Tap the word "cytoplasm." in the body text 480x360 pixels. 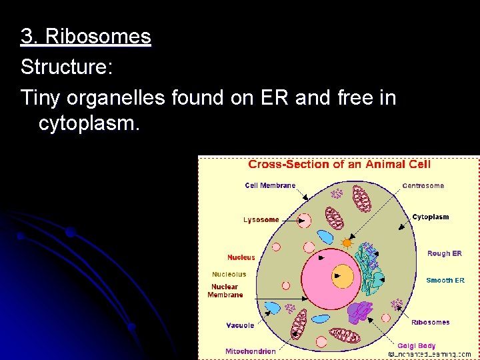89,123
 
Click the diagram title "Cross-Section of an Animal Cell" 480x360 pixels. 339,165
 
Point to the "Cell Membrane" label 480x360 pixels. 270,185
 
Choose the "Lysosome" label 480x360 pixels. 261,219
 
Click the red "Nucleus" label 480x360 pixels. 241,257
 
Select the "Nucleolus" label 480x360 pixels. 229,274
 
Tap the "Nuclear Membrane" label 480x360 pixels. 225,291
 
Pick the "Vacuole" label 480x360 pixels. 239,325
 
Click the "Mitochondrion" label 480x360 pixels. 250,351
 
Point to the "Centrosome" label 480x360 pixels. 423,185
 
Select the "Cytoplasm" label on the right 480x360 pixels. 430,217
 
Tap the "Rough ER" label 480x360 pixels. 444,253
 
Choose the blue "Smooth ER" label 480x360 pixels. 445,281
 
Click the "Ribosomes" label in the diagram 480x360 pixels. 430,323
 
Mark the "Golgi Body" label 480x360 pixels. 416,345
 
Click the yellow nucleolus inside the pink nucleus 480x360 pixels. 343,275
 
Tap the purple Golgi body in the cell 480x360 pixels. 361,312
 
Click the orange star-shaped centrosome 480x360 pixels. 346,242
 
